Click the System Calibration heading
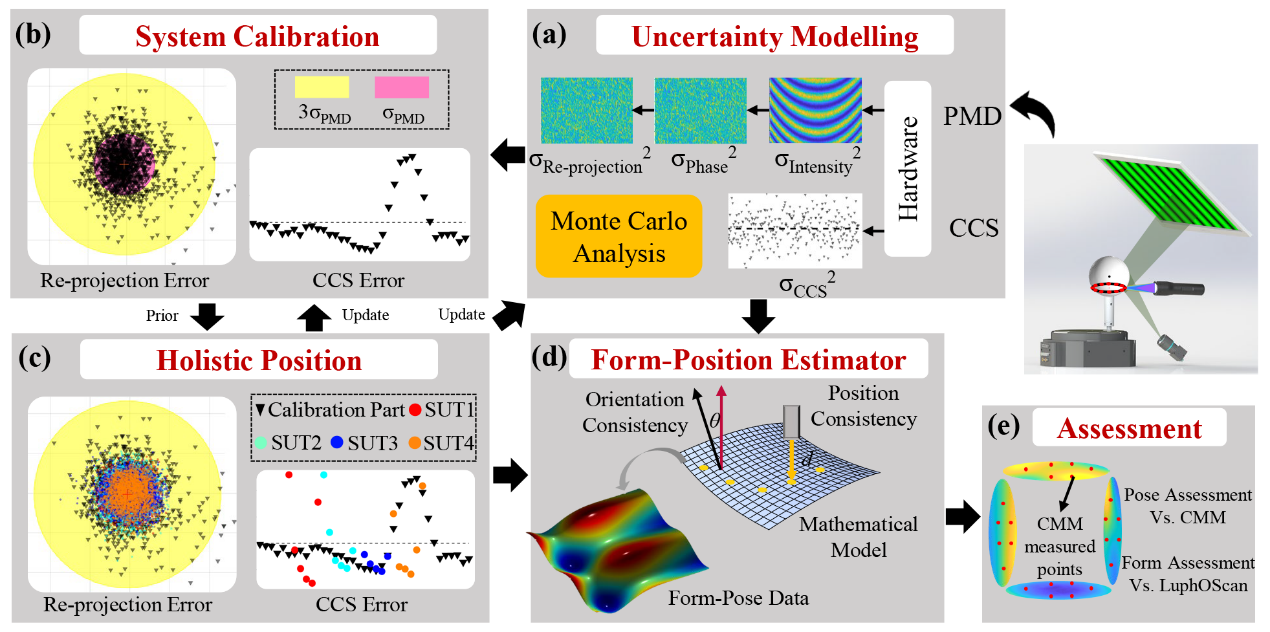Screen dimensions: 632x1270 (257, 37)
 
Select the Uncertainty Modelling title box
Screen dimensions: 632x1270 (775, 37)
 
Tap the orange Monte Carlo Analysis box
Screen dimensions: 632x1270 (619, 236)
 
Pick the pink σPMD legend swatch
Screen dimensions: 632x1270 (402, 87)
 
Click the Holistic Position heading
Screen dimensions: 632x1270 (257, 360)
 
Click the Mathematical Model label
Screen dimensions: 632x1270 (858, 536)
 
